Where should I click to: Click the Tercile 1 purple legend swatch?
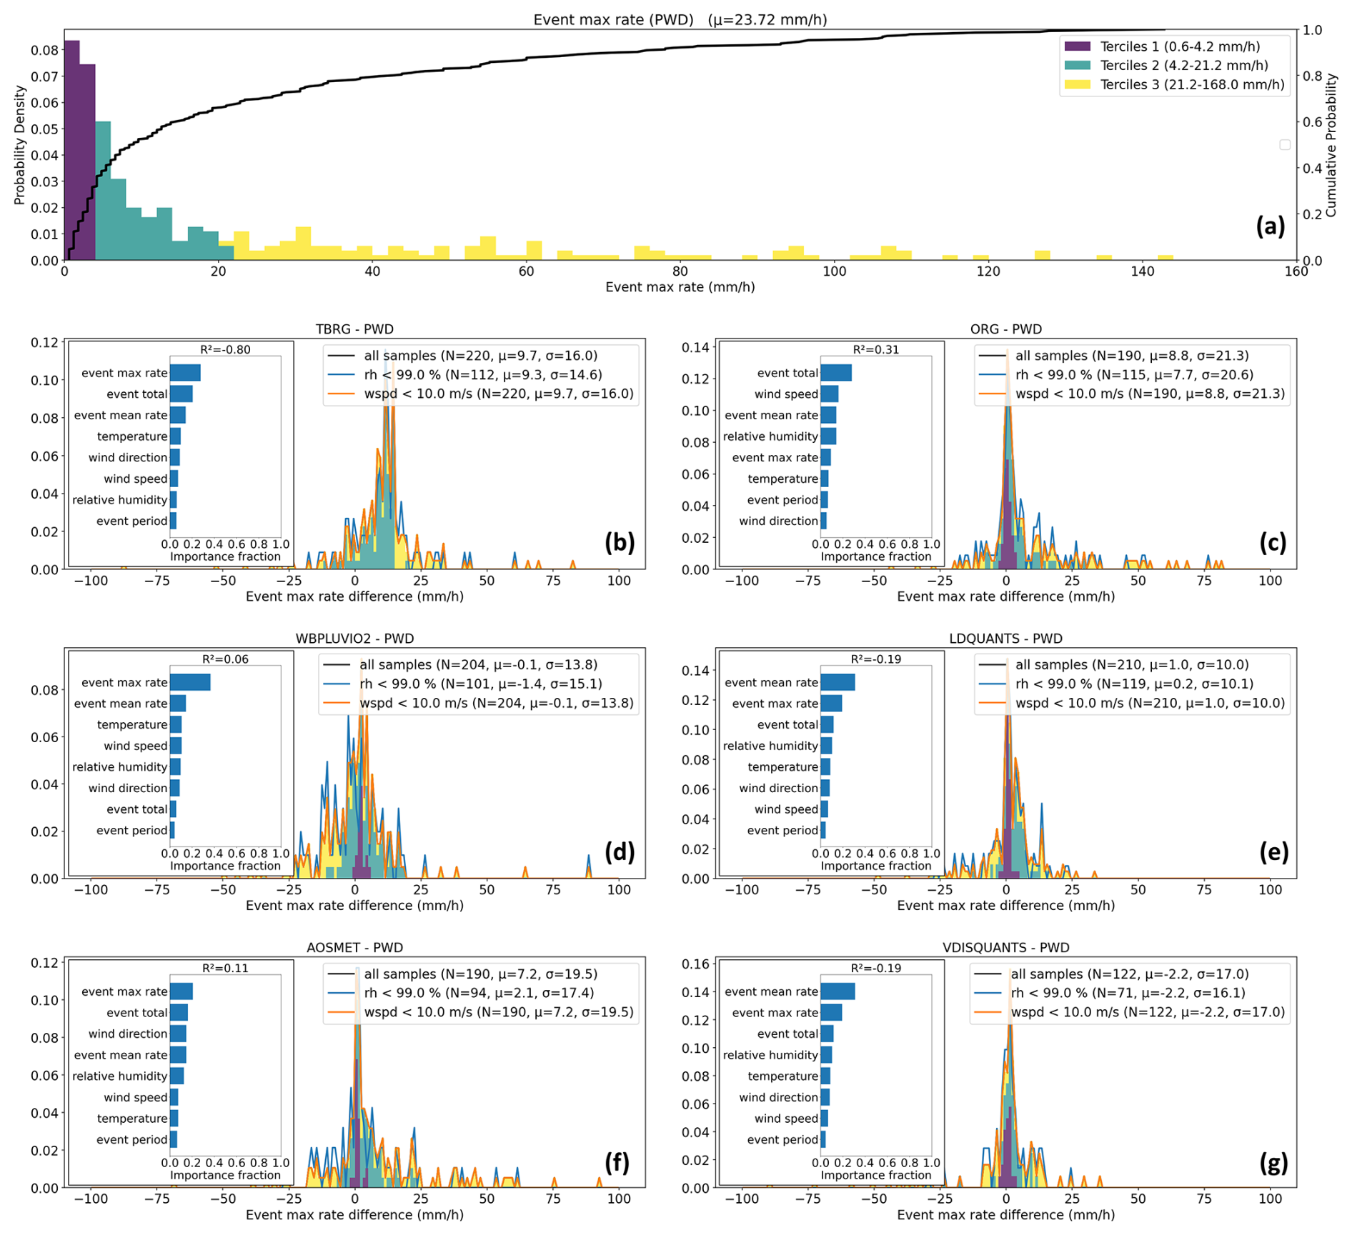click(x=1077, y=46)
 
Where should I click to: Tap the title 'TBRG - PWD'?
click(x=354, y=329)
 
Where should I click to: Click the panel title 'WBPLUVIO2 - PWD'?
click(x=354, y=639)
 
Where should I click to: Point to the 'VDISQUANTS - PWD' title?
click(x=1005, y=948)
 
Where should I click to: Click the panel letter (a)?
click(x=1270, y=226)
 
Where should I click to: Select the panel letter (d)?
click(x=619, y=851)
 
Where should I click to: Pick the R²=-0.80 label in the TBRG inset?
click(x=225, y=349)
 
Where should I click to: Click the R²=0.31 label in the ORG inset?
click(x=875, y=349)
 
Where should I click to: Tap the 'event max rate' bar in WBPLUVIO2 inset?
click(x=190, y=682)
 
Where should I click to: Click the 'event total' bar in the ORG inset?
click(x=835, y=373)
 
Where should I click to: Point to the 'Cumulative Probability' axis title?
click(x=1331, y=146)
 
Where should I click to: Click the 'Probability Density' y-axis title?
click(x=19, y=146)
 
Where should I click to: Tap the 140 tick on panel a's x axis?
click(x=1142, y=271)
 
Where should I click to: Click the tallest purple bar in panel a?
click(x=71, y=150)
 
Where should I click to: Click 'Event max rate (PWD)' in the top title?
click(x=613, y=20)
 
